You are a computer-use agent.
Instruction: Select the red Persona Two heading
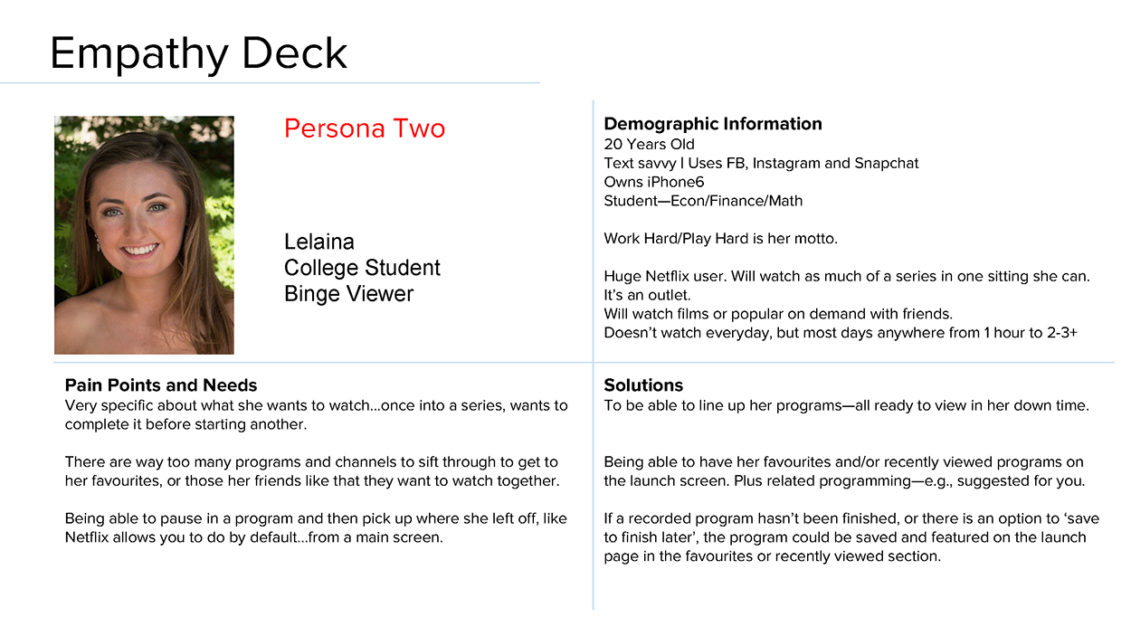365,128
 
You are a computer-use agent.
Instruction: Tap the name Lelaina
319,242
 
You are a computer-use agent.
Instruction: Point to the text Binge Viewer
348,294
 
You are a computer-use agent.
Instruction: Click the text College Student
362,268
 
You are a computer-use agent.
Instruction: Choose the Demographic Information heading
712,124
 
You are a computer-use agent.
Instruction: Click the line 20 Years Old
649,144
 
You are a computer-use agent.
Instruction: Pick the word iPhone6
674,182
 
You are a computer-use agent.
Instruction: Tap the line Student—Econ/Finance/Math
703,201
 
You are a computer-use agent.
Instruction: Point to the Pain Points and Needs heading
161,385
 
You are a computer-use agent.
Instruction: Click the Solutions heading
643,385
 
